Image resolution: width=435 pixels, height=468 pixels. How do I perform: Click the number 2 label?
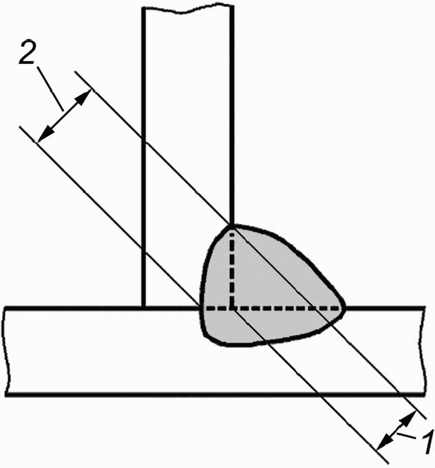(26, 52)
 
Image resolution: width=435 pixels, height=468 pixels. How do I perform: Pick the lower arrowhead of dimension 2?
(44, 135)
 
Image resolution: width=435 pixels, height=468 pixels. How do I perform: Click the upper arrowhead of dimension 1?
(409, 418)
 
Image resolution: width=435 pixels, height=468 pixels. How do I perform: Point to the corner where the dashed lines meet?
(232, 308)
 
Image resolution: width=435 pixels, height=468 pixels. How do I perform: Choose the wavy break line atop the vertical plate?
(187, 9)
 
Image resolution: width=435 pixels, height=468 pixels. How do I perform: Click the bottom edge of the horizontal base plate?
(215, 394)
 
